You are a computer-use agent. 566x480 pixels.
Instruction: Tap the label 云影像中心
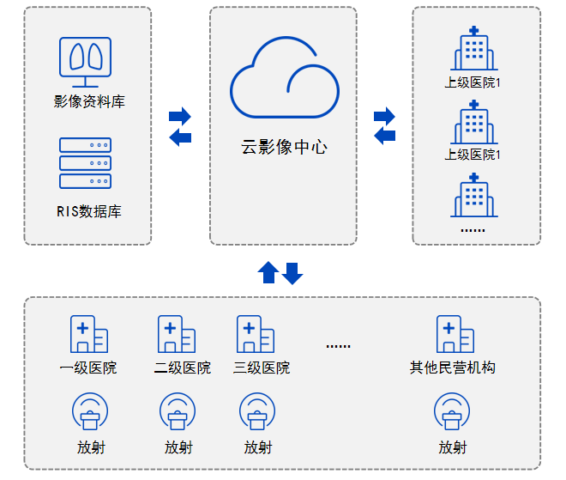[x=284, y=147]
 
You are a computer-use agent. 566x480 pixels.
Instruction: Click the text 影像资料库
[x=88, y=101]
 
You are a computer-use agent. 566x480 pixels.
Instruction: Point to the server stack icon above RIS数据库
[x=85, y=163]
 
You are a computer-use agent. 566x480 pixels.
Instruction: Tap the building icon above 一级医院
[x=88, y=334]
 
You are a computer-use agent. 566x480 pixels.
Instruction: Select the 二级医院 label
[x=183, y=368]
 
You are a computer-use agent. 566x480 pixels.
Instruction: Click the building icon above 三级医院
[x=255, y=334]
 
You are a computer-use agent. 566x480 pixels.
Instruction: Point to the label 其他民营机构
[x=453, y=368]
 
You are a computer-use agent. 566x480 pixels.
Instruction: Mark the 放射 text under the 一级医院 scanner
[x=89, y=447]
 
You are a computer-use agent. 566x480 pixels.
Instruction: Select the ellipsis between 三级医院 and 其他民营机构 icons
[x=339, y=345]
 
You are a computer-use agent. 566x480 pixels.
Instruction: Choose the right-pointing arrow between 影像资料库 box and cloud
[x=180, y=116]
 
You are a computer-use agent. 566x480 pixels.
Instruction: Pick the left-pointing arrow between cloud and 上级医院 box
[x=385, y=135]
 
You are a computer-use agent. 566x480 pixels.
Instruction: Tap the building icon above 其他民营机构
[x=455, y=334]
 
